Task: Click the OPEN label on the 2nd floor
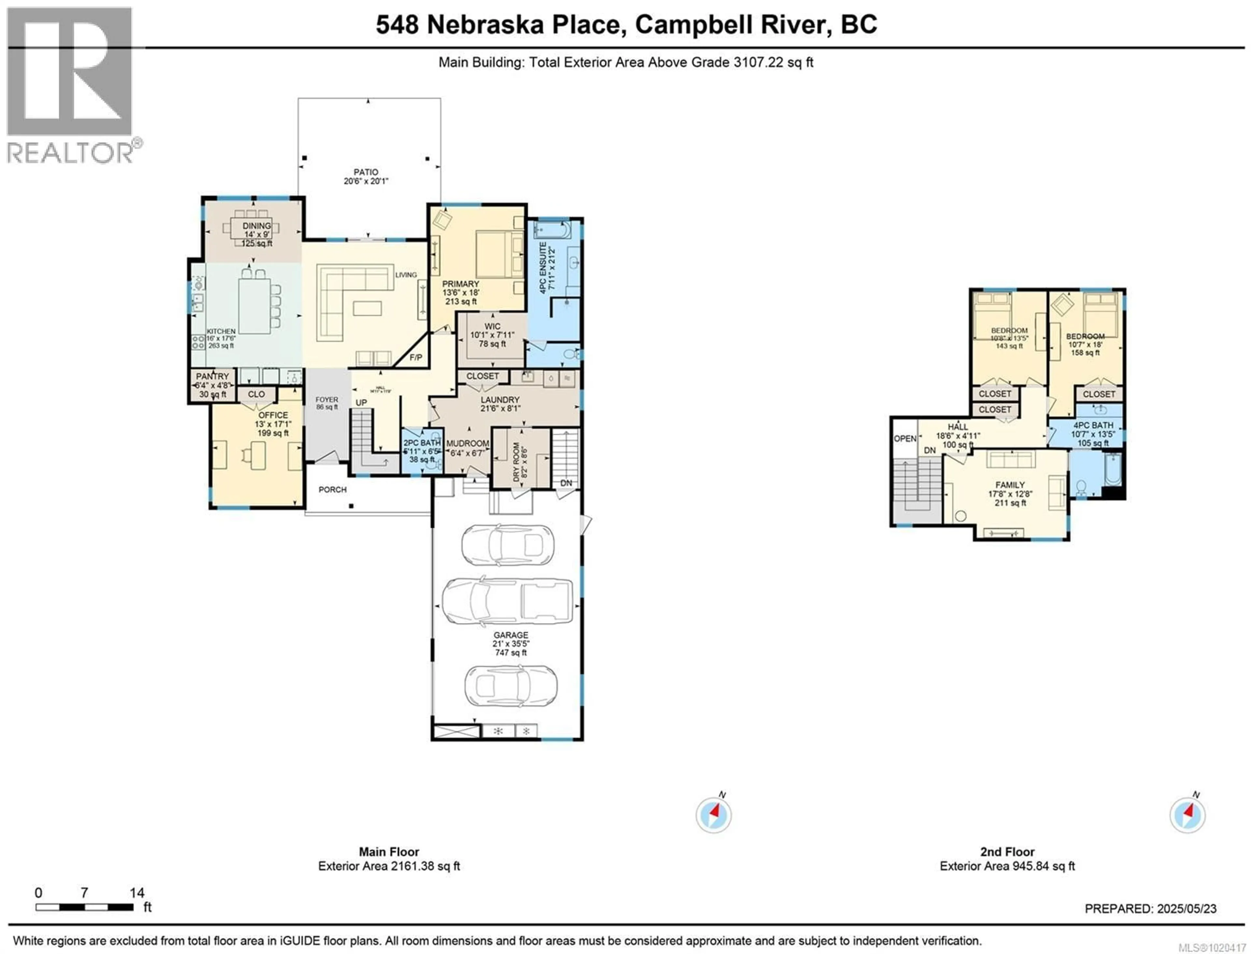click(905, 438)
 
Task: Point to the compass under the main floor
click(713, 815)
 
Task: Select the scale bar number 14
click(137, 893)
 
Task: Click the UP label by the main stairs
click(361, 403)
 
